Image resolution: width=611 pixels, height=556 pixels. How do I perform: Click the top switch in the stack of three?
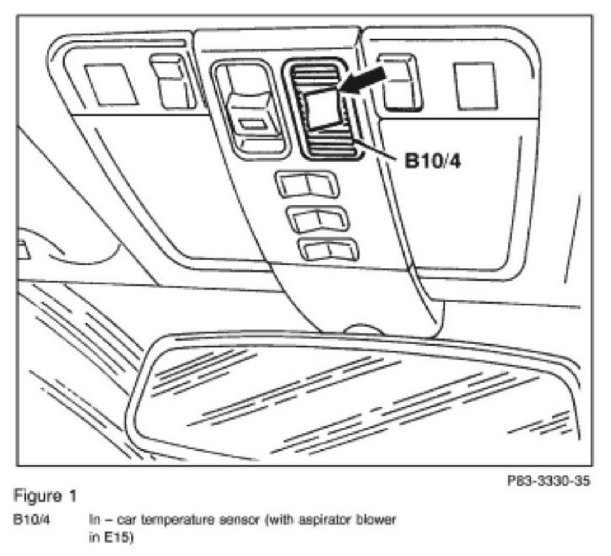pyautogui.click(x=306, y=185)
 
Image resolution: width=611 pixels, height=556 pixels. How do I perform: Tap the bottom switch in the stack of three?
pyautogui.click(x=328, y=249)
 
